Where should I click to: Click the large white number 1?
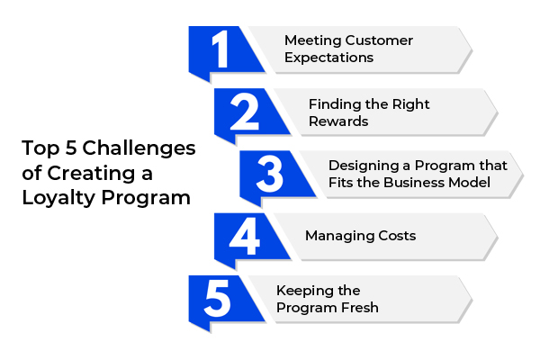point(220,49)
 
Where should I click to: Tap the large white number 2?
point(245,112)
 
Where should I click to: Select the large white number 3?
point(270,174)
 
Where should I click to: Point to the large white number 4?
point(244,237)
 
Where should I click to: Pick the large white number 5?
point(217,298)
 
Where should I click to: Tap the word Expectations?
point(328,58)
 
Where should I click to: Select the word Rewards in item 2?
point(338,121)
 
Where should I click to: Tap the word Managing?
point(339,237)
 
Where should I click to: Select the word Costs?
point(397,236)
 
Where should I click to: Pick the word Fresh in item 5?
point(360,308)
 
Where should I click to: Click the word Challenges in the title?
point(139,148)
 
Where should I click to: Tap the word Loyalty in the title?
point(58,198)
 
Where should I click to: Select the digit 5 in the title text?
point(70,148)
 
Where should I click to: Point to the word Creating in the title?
point(91,174)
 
